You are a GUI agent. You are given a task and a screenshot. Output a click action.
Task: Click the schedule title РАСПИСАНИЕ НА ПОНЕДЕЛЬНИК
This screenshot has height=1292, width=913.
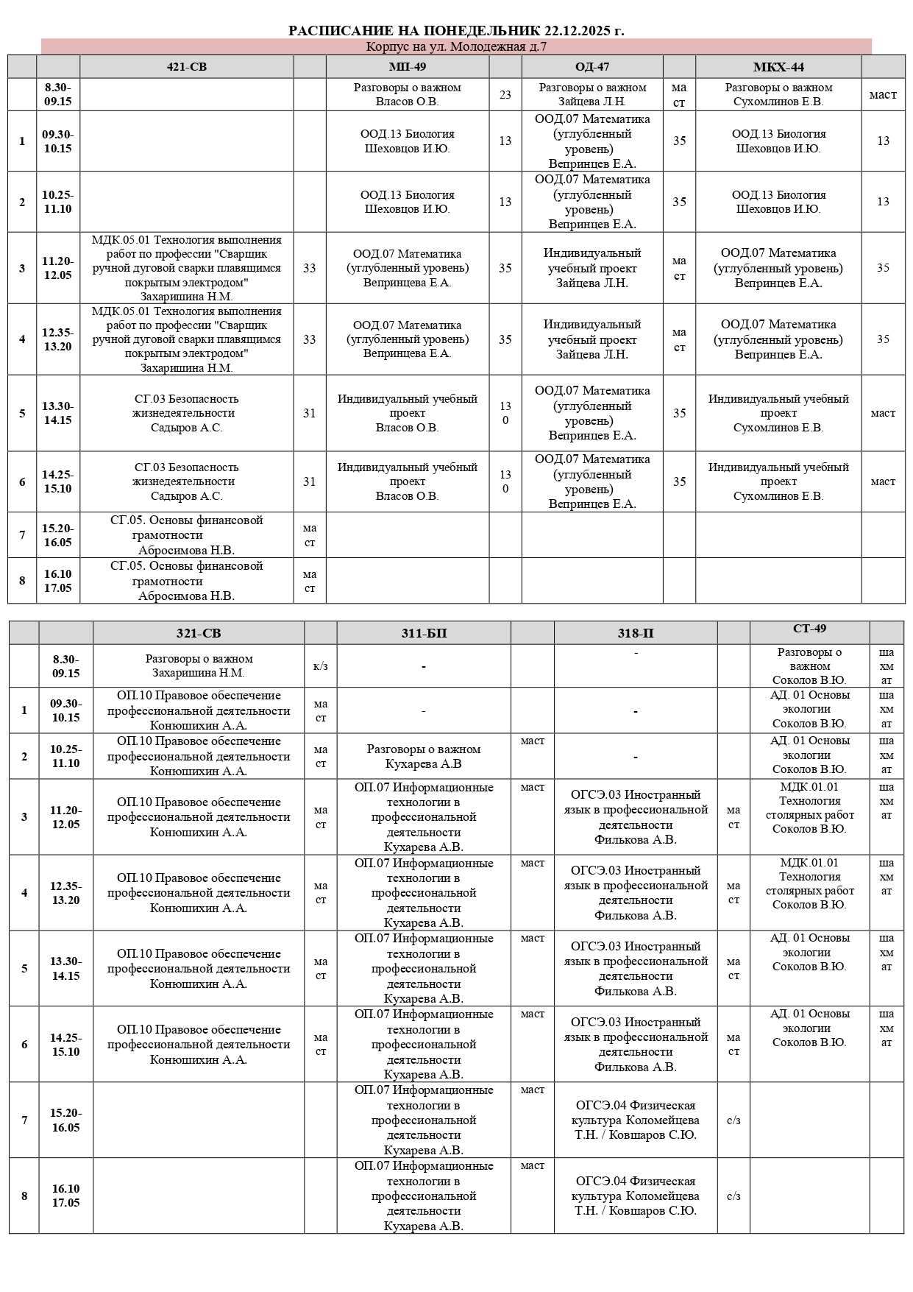point(456,30)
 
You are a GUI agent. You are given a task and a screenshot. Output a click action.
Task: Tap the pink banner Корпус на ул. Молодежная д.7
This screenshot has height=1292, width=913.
point(456,47)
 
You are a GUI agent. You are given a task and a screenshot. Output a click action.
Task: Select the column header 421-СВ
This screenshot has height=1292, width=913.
point(187,67)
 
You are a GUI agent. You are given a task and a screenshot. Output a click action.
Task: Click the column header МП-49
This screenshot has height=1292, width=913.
point(408,67)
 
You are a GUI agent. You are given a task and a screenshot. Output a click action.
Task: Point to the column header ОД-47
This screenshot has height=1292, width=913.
point(592,67)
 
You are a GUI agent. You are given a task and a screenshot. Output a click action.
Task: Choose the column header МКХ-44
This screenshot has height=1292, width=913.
point(778,67)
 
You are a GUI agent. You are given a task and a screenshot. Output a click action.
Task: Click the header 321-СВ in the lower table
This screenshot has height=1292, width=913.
point(199,633)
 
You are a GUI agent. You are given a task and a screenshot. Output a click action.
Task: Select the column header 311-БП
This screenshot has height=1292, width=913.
point(424,633)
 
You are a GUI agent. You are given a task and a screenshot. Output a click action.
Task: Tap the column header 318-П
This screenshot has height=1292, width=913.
point(636,633)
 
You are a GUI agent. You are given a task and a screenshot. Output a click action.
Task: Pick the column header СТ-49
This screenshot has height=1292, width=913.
point(809,629)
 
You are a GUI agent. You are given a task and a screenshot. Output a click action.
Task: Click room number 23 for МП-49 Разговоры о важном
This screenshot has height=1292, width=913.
point(505,94)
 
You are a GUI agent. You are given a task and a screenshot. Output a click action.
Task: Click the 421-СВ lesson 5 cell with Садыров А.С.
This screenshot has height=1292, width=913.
point(187,413)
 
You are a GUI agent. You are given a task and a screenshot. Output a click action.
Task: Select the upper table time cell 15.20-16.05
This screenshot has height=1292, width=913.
point(58,535)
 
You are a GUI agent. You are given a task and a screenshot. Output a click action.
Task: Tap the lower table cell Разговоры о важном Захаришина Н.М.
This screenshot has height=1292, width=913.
point(199,666)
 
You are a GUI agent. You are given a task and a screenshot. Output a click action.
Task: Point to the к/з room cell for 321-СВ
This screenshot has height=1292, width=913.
point(321,666)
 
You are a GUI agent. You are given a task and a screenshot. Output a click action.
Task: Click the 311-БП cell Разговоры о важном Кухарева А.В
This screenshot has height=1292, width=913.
point(424,757)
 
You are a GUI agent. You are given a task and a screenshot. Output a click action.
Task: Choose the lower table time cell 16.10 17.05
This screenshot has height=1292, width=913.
point(65,1196)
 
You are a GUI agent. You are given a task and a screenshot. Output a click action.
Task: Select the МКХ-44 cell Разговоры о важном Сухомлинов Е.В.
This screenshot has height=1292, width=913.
point(778,94)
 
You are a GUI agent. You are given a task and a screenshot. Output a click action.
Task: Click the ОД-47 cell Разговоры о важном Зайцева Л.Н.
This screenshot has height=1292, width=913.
point(592,94)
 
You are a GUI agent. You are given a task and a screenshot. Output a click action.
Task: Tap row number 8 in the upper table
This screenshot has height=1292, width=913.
point(22,581)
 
